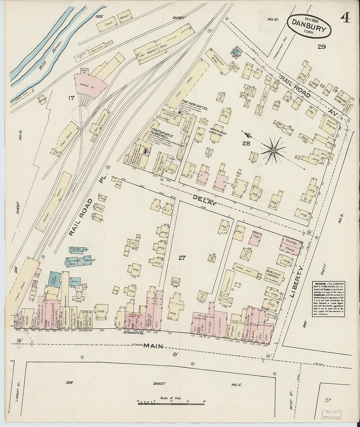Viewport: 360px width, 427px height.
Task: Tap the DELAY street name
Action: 205,201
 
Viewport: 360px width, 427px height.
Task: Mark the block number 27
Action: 182,258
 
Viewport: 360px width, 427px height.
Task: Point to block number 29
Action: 321,47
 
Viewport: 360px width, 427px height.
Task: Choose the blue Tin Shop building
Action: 54,280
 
